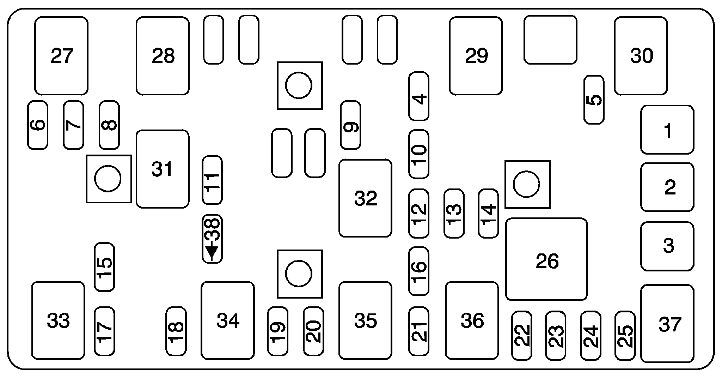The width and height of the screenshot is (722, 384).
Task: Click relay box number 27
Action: tap(61, 56)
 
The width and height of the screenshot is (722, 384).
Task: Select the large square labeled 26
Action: tap(546, 259)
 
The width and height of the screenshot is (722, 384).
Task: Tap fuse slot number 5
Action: tap(594, 100)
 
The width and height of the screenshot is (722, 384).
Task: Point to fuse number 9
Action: tap(350, 125)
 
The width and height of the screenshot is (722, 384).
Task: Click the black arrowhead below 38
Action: tap(212, 252)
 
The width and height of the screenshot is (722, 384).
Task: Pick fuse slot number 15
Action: tap(105, 267)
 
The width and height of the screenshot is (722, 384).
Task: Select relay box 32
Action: tap(365, 198)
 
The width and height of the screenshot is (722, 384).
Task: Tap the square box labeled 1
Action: tap(667, 130)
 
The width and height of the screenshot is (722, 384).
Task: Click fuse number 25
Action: tap(625, 336)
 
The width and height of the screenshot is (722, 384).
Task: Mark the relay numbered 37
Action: tap(667, 324)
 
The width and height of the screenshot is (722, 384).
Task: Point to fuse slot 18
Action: tap(176, 331)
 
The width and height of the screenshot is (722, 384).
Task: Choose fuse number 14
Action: tap(488, 213)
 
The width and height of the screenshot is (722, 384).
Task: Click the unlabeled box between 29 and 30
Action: tap(550, 40)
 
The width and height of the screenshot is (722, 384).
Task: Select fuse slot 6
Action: tap(38, 125)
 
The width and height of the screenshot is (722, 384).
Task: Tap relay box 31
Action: tap(163, 169)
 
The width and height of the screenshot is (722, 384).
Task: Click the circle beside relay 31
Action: tap(108, 179)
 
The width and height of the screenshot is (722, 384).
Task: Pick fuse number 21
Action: tap(419, 331)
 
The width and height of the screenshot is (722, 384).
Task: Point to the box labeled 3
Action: tap(667, 246)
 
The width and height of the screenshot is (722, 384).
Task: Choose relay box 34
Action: tap(228, 320)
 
